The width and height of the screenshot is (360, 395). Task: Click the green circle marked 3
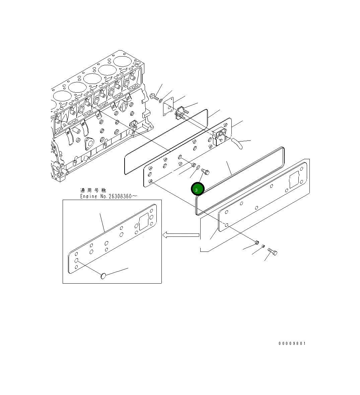click(198, 189)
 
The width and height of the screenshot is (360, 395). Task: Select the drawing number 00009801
click(292, 343)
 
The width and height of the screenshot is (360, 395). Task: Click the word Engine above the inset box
click(88, 196)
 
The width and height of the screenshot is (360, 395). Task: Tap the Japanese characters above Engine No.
click(93, 190)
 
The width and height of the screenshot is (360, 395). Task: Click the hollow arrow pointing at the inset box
click(181, 235)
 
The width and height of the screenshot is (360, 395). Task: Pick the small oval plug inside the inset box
click(103, 276)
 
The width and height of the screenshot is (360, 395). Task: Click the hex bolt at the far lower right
click(273, 251)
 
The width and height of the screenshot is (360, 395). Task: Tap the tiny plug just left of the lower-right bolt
click(263, 246)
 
